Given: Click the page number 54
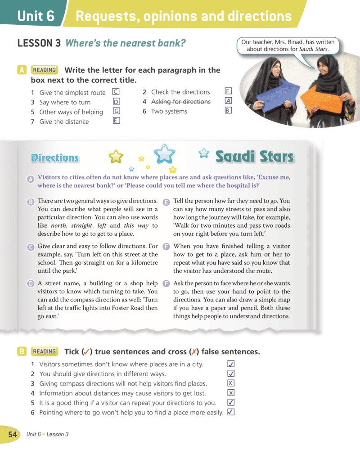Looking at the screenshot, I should (12, 434).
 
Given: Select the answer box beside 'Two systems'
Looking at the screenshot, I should (228, 110).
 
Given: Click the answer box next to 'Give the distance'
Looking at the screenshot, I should (116, 121).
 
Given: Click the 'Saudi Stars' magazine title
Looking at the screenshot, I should (255, 157).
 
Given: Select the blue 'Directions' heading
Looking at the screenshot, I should (55, 158).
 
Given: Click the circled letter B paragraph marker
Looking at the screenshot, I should (31, 202).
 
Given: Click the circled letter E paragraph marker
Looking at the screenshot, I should (166, 202).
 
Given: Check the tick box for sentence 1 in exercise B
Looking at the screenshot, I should (231, 364).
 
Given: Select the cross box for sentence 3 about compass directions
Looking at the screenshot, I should (231, 383).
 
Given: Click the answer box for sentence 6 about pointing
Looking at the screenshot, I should (231, 412).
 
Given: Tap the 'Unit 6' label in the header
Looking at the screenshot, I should (36, 17).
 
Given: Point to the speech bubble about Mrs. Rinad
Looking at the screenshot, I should (288, 45).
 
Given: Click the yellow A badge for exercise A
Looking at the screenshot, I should (22, 70).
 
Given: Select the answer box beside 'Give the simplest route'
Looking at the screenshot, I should (116, 92).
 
